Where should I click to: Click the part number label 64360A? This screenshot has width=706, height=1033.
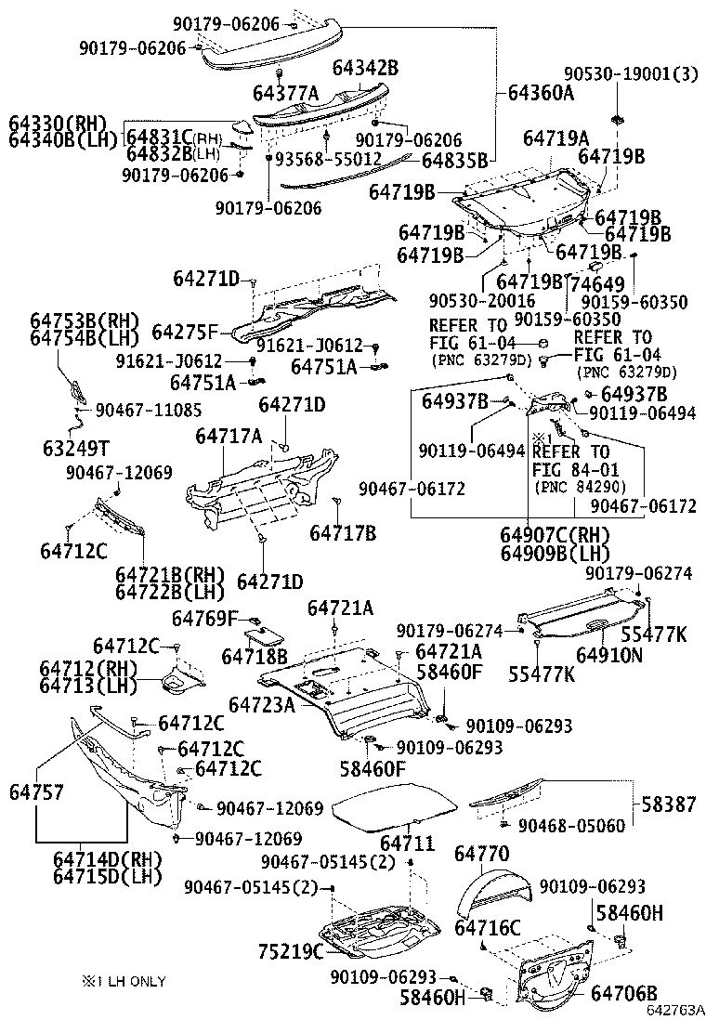pos(541,93)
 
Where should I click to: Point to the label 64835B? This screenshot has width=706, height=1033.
pos(455,161)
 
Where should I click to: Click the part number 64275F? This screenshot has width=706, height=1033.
pos(186,331)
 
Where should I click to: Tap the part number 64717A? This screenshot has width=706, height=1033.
pos(229,435)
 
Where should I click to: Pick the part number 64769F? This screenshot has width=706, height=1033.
pos(205,618)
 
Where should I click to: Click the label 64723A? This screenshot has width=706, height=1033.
pos(262,705)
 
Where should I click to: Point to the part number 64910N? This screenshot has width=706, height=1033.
pos(608,655)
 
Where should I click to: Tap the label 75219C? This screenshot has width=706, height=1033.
pos(290,951)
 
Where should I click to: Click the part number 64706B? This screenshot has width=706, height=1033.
pos(623,992)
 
